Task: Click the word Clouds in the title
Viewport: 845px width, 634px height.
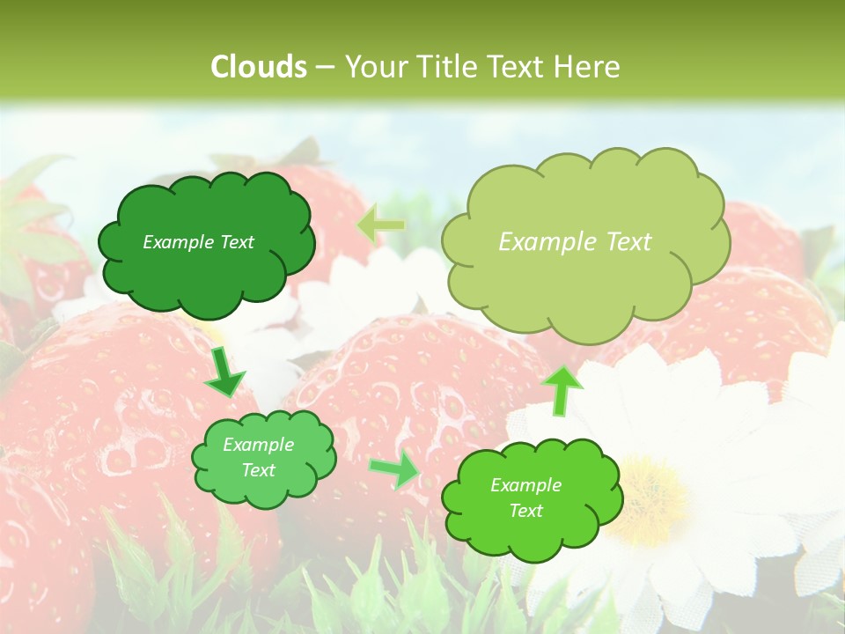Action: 259,67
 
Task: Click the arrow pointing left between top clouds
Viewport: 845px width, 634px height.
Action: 380,225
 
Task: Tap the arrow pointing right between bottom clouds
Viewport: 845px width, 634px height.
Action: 395,471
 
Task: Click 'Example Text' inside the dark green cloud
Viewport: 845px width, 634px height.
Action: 198,242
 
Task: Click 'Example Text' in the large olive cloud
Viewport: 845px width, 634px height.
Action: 575,242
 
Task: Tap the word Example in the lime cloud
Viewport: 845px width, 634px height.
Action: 525,485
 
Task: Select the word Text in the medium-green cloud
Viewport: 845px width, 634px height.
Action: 259,470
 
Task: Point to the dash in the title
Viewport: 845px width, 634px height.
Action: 324,67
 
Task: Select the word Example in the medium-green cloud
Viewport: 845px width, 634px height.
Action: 259,445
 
